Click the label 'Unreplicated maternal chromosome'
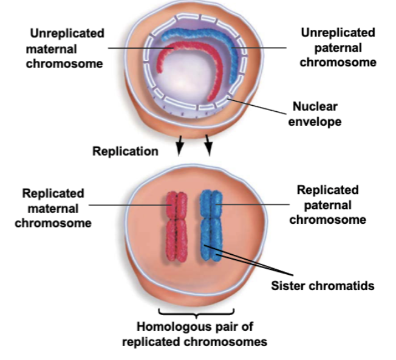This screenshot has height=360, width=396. click(64, 47)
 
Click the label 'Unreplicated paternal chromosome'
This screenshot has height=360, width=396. click(338, 47)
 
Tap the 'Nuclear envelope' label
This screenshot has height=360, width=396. click(316, 114)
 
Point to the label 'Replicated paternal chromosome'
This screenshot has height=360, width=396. click(327, 205)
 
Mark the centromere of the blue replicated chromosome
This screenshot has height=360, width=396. click(210, 218)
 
